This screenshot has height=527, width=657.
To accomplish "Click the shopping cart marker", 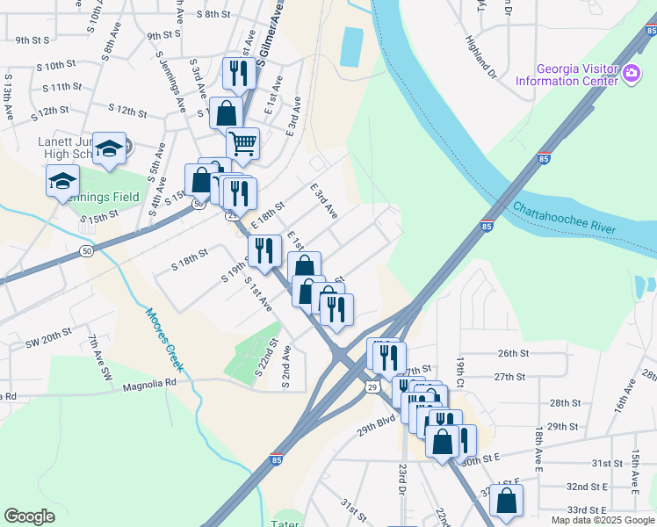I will [x=242, y=142].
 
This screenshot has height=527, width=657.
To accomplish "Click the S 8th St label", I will [x=213, y=14].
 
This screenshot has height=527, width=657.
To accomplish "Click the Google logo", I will [x=29, y=516].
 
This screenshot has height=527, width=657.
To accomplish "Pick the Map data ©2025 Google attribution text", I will [x=603, y=520].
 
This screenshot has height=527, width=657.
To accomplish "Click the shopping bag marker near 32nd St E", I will [x=506, y=500].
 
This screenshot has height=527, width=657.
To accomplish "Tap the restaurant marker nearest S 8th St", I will [x=238, y=72].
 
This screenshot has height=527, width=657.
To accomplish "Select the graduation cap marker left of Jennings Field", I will [x=62, y=180].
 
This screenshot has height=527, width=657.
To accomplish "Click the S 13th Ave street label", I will [x=9, y=90].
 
